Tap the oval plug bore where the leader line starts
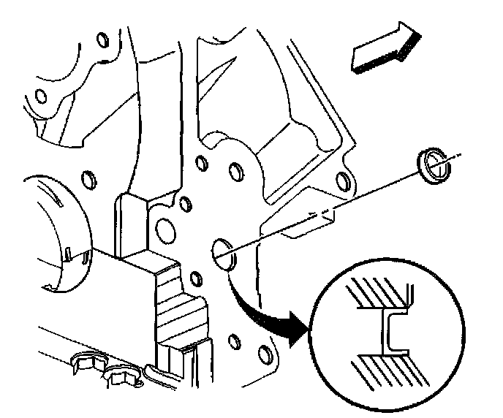224,252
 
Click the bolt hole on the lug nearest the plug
341,180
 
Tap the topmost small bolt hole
102,36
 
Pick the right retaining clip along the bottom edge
122,377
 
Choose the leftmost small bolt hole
40,96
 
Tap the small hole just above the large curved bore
89,180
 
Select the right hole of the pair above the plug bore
235,172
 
